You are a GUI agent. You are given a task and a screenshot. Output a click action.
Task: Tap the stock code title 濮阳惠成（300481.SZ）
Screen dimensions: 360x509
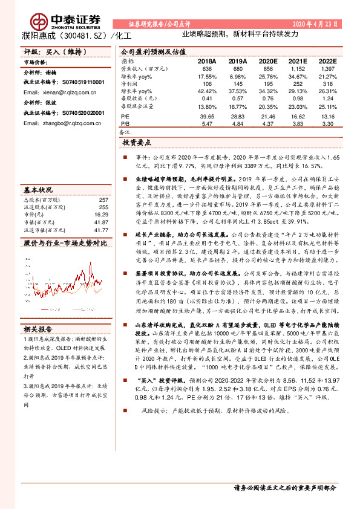coord(67,36)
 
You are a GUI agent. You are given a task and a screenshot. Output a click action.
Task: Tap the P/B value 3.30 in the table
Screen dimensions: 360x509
coord(327,123)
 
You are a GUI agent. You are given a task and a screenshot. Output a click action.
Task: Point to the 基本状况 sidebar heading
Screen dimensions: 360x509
coord(38,190)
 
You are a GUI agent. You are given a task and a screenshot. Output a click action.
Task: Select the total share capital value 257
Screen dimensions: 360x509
coord(103,199)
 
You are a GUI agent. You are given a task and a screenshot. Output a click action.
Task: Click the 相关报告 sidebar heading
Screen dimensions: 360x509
coord(38,329)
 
